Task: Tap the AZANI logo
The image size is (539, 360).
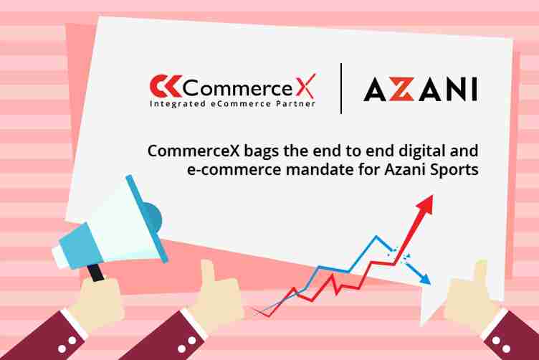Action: tap(419, 90)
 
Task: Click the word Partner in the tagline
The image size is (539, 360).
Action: tap(299, 104)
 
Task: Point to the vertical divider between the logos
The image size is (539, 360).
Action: tap(341, 88)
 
